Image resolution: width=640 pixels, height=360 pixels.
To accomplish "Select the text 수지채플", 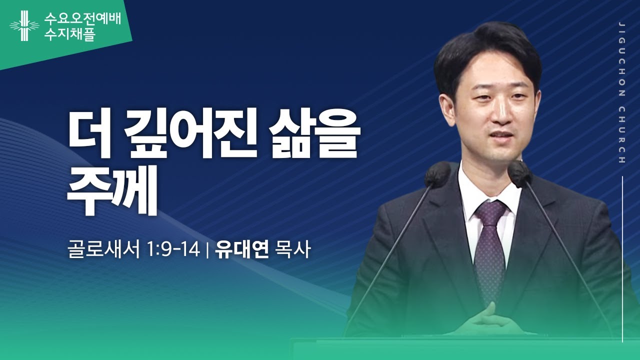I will coord(69,35).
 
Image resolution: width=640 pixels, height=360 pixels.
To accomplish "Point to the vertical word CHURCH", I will coord(621,134).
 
